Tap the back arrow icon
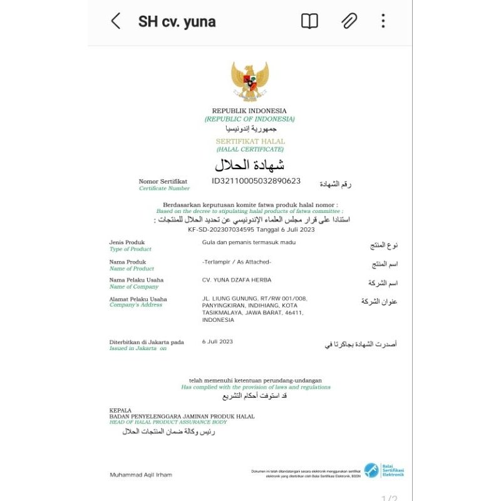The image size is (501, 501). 116,21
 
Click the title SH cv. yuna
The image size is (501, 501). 177,22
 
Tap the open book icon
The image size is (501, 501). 309,21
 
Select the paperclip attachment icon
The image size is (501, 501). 349,21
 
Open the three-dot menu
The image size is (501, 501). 383,21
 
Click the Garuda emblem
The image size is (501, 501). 250,81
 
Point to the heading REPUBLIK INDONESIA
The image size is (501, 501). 249,111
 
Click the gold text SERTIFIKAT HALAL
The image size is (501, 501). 250,142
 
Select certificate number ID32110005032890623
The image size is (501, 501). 256,181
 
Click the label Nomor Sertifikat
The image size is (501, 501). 163,182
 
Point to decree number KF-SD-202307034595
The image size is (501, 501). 219,229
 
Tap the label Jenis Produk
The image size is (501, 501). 127,242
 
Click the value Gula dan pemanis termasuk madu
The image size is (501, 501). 249,242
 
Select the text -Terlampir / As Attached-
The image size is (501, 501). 237,262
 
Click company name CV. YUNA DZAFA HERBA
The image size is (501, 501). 237,280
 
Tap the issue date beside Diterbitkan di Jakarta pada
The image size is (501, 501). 217,341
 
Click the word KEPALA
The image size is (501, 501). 120,410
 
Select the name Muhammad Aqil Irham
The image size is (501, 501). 141,475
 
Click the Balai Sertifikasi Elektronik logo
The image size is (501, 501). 384,470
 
